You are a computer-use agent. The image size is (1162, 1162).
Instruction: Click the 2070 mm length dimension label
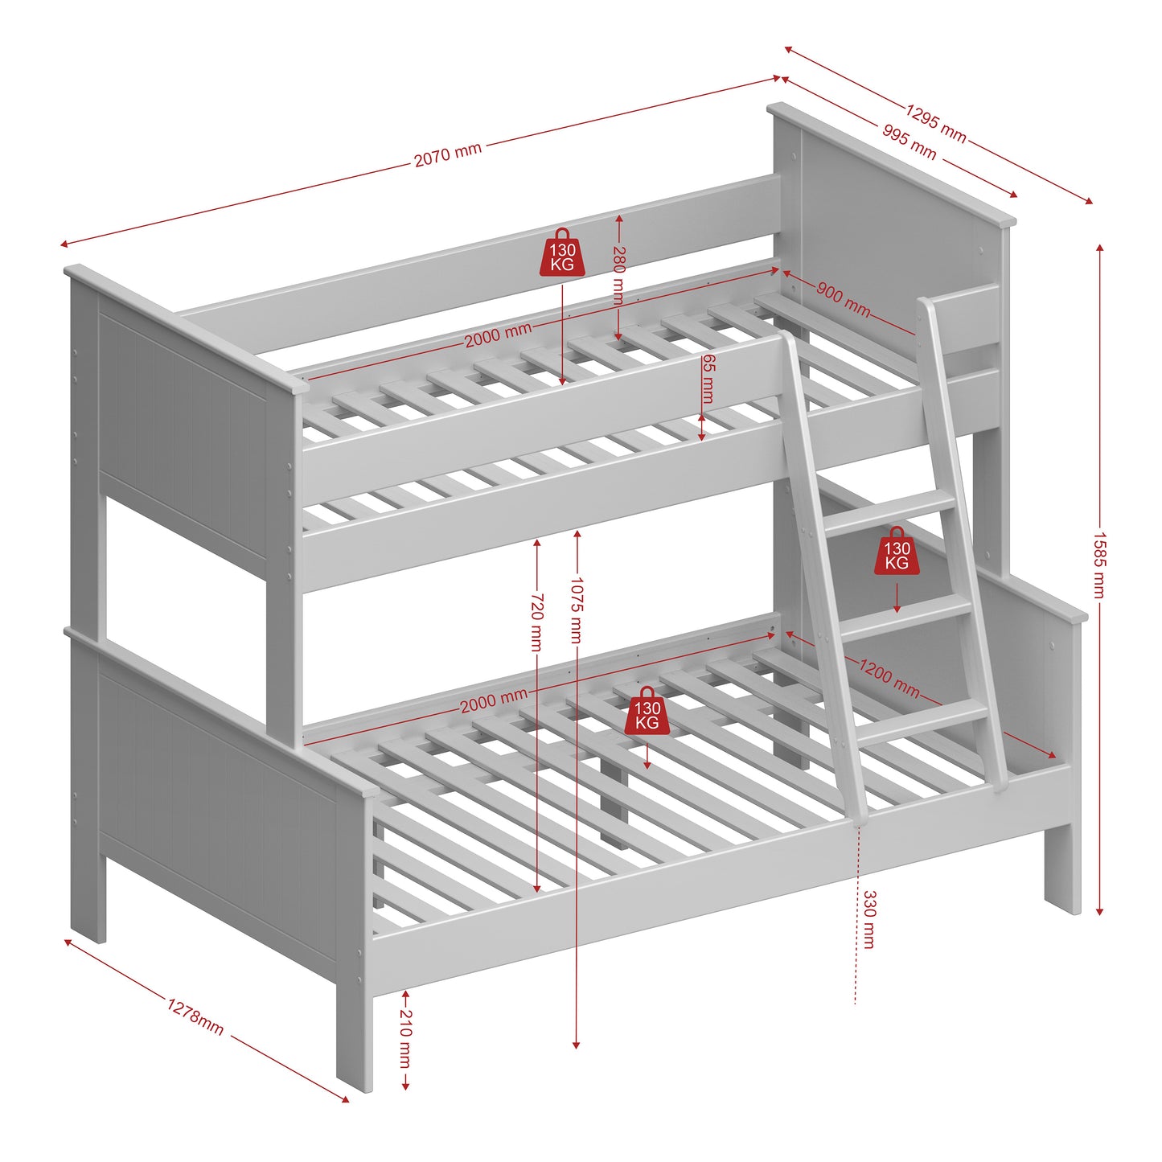pyautogui.click(x=448, y=154)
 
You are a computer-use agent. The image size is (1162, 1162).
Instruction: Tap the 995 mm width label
pyautogui.click(x=909, y=142)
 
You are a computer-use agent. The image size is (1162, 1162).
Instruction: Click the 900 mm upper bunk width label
pyautogui.click(x=843, y=299)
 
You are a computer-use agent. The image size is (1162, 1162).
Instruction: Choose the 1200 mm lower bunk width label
pyautogui.click(x=889, y=678)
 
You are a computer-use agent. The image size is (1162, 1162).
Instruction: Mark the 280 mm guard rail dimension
pyautogui.click(x=618, y=275)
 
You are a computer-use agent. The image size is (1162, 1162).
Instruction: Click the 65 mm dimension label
pyautogui.click(x=707, y=378)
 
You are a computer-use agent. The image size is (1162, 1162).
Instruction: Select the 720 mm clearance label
pyautogui.click(x=537, y=622)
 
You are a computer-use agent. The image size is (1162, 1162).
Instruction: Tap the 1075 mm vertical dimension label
pyautogui.click(x=576, y=610)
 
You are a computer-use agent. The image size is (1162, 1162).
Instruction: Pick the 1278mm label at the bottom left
pyautogui.click(x=195, y=1016)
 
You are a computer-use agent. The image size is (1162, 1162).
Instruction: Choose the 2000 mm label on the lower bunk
pyautogui.click(x=494, y=701)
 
